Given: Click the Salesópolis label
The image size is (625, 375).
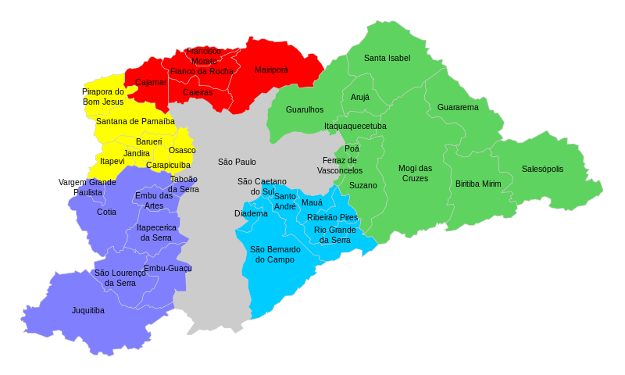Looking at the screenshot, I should click(x=542, y=169).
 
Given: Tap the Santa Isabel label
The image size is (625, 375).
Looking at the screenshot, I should click(x=387, y=58).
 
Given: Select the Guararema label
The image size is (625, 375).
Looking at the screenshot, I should click(x=458, y=107).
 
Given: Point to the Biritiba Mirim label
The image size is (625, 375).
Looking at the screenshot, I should click(x=478, y=184).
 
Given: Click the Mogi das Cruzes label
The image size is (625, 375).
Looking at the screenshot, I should click(x=415, y=173).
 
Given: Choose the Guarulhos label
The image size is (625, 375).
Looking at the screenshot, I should click(x=305, y=109).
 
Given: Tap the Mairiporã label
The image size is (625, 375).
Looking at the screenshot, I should click(x=271, y=70).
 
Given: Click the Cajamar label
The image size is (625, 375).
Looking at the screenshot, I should click(x=150, y=82).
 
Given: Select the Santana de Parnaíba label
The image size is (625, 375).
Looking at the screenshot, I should click(x=135, y=121).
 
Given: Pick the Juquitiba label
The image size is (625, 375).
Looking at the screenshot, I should click(x=88, y=310).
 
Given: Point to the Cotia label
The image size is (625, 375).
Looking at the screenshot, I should click(x=106, y=212).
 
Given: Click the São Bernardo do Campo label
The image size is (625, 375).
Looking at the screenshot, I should click(x=274, y=254).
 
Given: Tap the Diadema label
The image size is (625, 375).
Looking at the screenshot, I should click(x=251, y=213).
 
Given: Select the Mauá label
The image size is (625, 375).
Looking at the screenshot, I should click(x=312, y=202).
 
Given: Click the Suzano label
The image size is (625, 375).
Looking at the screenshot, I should click(x=362, y=185).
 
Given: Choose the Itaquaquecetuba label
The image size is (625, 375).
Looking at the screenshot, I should click(x=355, y=126).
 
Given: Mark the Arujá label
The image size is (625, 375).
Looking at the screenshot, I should click(x=360, y=98).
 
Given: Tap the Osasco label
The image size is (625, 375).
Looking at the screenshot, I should click(x=182, y=150).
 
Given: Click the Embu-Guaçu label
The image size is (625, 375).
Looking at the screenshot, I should click(x=167, y=268).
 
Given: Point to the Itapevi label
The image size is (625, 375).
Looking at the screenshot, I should click(x=112, y=161).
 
